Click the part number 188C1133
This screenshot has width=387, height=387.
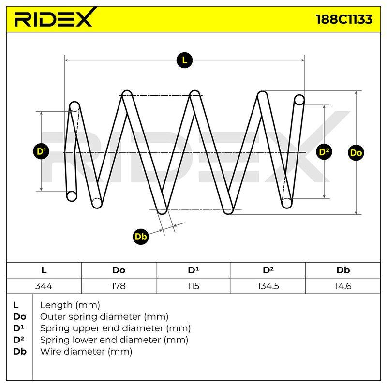[344, 19]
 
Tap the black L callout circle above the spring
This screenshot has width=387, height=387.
[184, 60]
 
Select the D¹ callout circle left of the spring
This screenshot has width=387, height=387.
[41, 151]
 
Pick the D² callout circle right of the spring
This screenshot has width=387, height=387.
[324, 152]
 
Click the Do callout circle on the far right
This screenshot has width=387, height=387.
[356, 153]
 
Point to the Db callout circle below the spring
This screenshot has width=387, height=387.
[141, 237]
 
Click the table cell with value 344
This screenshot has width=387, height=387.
[44, 286]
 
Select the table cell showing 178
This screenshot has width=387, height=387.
[119, 286]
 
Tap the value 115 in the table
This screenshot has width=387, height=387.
[193, 286]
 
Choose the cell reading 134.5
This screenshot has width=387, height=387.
[268, 286]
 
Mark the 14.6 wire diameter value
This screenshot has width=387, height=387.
[343, 286]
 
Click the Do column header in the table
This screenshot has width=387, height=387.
[119, 270]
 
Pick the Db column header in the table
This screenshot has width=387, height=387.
[343, 270]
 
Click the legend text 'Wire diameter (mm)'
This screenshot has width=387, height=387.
[86, 351]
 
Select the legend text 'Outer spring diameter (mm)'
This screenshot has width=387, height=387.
[104, 317]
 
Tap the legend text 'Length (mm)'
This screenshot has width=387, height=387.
[70, 305]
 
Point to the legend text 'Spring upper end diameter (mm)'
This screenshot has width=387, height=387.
[115, 328]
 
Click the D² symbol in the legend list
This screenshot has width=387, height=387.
[19, 340]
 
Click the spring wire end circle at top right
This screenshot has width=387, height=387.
[299, 100]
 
